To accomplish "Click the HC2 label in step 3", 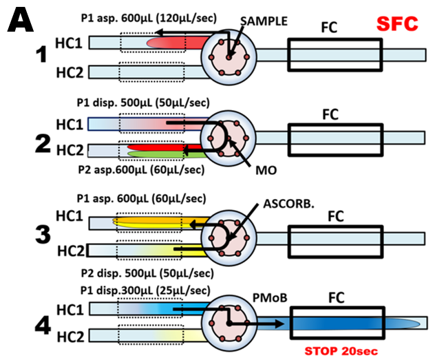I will coord(72,250).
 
